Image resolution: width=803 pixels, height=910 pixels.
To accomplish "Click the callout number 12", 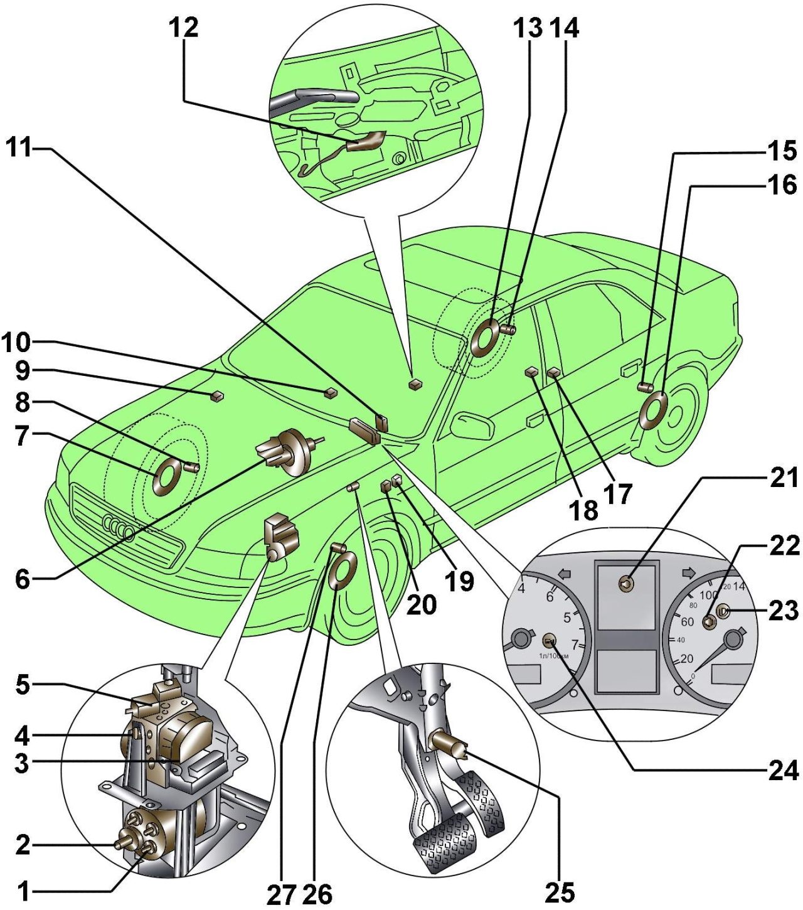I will point(183,28).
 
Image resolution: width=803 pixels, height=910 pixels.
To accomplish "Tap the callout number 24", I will point(784,770).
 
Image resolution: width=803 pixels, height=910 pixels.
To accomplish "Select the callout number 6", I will point(23,578).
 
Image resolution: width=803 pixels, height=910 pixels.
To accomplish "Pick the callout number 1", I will point(23,891).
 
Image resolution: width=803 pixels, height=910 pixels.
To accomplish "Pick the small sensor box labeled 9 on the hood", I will point(216,395).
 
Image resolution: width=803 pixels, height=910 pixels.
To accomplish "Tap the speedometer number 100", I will point(708,594).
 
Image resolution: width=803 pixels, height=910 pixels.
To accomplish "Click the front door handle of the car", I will point(534,419).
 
